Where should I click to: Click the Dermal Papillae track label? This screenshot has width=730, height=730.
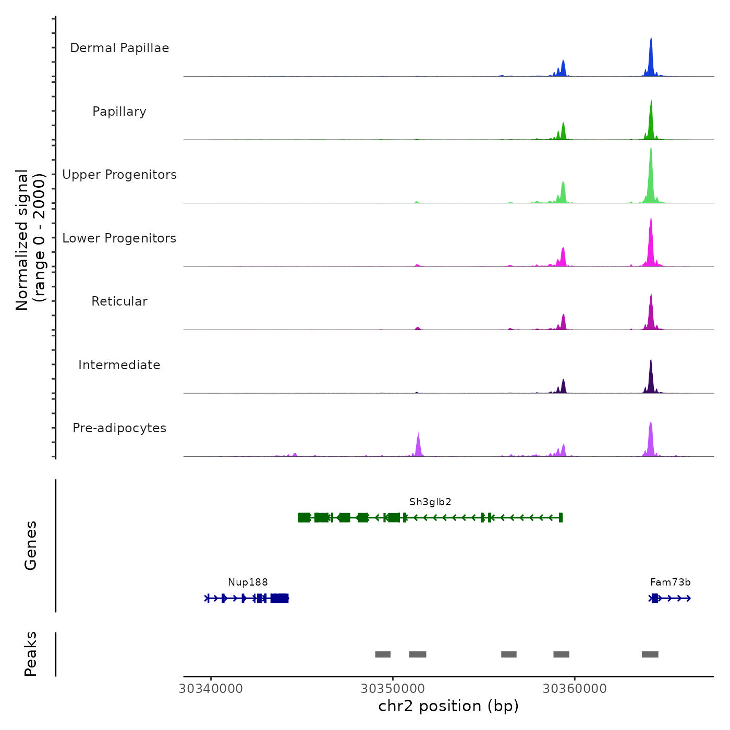(x=119, y=48)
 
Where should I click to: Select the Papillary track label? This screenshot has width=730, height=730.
(x=119, y=112)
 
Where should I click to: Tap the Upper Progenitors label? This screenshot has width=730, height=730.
(x=119, y=175)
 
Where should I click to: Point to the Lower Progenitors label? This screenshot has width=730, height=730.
(x=119, y=238)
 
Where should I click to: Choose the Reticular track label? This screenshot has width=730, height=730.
(x=119, y=301)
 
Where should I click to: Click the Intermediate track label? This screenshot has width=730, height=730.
(x=119, y=365)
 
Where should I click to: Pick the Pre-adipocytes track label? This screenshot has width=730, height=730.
(x=119, y=428)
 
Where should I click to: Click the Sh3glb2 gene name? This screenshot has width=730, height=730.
(x=430, y=502)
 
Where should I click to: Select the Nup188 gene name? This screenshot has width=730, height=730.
(x=248, y=582)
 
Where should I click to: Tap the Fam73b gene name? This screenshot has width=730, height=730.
(x=670, y=582)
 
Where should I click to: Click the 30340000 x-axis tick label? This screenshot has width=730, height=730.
(x=211, y=689)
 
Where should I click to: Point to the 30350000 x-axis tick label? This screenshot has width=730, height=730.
(x=393, y=689)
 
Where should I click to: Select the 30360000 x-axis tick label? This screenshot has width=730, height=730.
(x=575, y=689)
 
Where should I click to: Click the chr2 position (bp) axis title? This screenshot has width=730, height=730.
(x=448, y=706)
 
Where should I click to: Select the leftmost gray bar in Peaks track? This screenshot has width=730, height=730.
(x=383, y=654)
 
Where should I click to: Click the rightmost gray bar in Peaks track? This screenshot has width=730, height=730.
(x=650, y=654)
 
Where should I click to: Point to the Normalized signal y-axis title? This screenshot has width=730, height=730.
(x=30, y=240)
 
